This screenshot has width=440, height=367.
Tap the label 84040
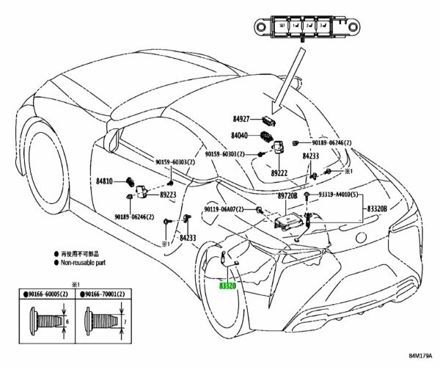241,136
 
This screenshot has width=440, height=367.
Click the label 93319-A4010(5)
340,196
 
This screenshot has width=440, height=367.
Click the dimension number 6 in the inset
68,321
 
